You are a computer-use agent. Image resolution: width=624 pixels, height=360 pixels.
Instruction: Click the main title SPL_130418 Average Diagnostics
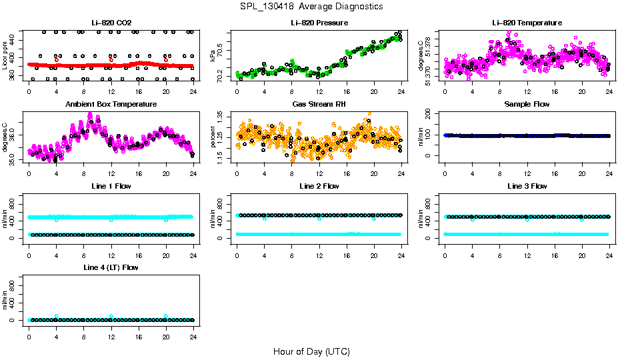tap(312, 6)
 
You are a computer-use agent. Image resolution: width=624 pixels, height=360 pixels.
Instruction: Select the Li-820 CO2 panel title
tap(111, 23)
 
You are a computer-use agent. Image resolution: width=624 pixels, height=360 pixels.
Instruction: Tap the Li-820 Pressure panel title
tap(319, 23)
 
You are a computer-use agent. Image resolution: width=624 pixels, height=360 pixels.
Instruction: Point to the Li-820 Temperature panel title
tap(527, 23)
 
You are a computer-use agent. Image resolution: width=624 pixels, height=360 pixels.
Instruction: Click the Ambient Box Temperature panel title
tap(111, 105)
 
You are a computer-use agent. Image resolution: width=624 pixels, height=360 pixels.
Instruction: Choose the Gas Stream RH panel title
tap(319, 105)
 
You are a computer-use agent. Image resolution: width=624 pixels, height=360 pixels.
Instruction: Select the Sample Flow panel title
tap(527, 105)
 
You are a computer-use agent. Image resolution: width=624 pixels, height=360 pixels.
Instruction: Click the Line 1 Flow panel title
tap(111, 186)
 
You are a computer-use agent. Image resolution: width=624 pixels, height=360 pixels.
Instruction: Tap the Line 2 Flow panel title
tap(319, 186)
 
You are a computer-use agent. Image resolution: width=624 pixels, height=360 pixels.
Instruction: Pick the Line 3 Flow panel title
tap(527, 186)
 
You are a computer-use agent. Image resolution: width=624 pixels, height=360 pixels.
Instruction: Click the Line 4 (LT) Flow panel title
tap(111, 267)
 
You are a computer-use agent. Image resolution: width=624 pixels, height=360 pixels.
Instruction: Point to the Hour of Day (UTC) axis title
tap(311, 351)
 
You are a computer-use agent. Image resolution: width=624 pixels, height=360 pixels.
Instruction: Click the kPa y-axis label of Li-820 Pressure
tap(213, 55)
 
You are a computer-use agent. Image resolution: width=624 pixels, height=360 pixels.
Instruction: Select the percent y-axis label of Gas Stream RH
tap(213, 136)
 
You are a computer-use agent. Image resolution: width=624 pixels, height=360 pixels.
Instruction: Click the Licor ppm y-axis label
tap(5, 55)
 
